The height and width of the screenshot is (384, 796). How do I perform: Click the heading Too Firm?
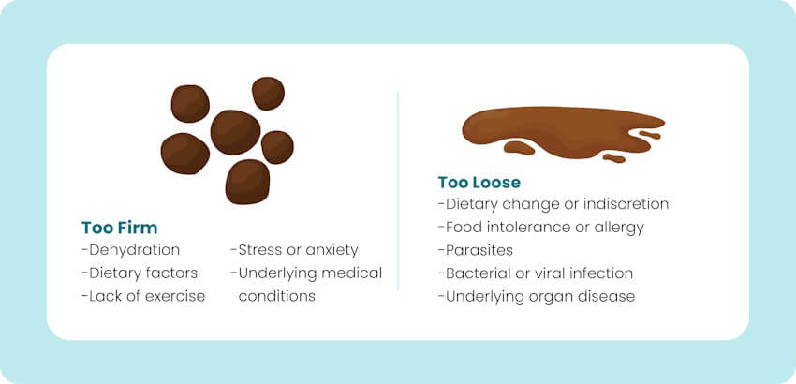tap(119, 228)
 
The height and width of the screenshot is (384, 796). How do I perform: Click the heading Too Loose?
tap(479, 182)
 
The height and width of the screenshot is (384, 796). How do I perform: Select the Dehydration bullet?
tap(131, 250)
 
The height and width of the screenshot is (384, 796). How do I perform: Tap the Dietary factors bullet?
tap(140, 273)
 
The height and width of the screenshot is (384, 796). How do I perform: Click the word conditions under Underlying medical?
tap(277, 296)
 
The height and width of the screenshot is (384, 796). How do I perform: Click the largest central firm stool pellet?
tap(235, 132)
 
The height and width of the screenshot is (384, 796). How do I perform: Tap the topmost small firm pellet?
tap(268, 93)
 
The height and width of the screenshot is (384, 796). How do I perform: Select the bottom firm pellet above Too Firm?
tap(247, 181)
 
